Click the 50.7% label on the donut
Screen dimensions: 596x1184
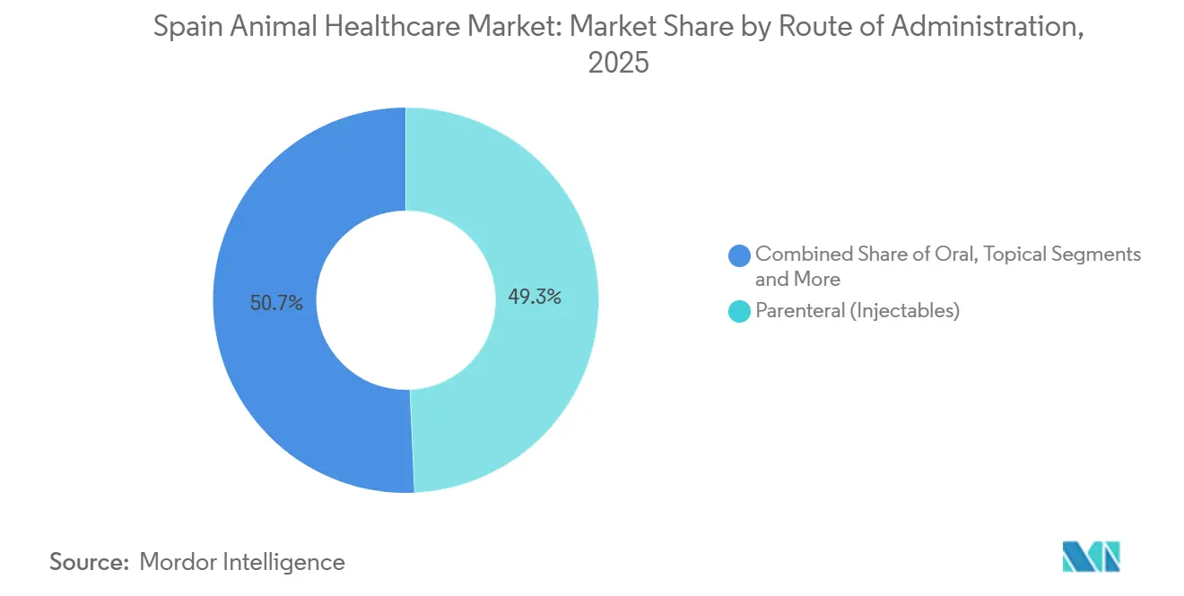277,303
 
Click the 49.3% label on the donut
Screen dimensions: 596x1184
535,298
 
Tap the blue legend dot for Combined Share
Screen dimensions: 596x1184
740,255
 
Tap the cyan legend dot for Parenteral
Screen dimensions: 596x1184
740,312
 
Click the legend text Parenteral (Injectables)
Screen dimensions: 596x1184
858,311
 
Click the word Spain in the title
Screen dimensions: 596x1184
183,28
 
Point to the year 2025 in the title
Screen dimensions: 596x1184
618,64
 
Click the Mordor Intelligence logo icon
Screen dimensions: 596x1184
1091,557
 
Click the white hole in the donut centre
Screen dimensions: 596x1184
405,300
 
